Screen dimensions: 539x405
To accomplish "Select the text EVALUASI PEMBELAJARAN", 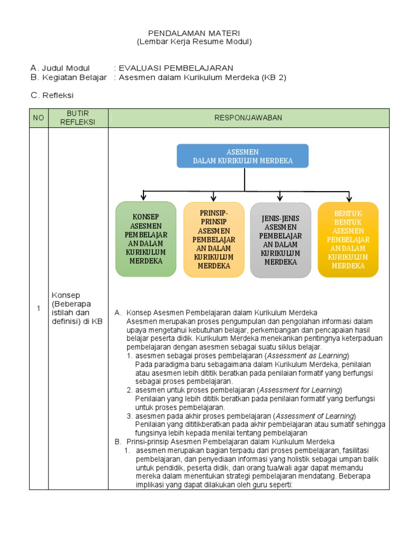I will pos(176,68).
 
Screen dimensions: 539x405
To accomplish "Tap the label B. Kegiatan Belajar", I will pos(69,77).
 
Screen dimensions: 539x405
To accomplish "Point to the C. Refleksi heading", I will pos(52,95).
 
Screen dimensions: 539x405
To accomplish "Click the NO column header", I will pos(38,118).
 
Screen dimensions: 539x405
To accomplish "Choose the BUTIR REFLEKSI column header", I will pos(78,118).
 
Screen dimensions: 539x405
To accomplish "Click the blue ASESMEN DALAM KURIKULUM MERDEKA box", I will pos(243,156).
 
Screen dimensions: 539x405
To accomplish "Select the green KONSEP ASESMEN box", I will pos(146,239).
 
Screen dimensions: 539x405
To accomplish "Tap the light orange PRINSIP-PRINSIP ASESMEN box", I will pos(214,239).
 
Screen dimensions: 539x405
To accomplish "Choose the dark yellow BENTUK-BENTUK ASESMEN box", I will pos(348,239).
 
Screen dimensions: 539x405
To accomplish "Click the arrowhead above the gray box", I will pos(280,197).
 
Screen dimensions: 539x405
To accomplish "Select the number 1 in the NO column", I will pos(38,308).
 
